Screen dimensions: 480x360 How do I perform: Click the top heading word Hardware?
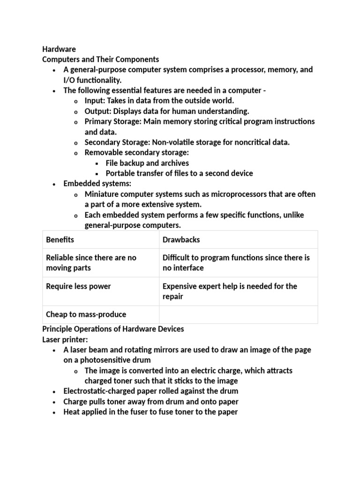[x=59, y=49]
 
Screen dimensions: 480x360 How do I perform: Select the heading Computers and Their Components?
[x=101, y=60]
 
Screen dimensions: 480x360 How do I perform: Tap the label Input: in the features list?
[x=95, y=101]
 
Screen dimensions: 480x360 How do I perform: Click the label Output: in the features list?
[x=98, y=111]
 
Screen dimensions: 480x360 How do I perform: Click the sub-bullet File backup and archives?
[x=147, y=163]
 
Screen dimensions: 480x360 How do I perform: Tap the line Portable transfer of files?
[x=179, y=173]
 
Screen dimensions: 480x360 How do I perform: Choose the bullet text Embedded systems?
[x=97, y=184]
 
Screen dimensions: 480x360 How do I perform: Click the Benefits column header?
[x=60, y=240]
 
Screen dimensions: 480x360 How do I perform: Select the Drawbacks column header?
[x=181, y=240]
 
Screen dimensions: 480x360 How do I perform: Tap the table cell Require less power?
[x=78, y=286]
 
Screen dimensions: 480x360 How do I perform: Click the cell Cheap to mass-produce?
[x=86, y=314]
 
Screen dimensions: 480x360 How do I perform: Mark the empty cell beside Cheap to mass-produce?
[x=238, y=314]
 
